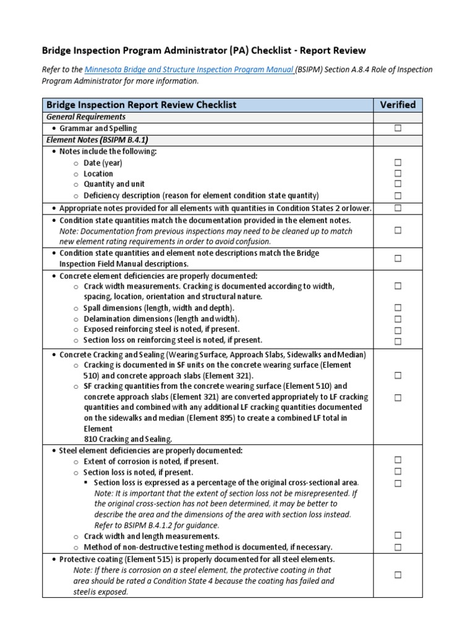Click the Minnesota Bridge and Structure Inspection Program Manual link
[x=189, y=70]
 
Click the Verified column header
[x=398, y=104]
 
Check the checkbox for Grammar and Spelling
[x=398, y=129]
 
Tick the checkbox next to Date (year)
[x=398, y=163]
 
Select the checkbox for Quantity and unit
[x=398, y=184]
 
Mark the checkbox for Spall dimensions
[x=398, y=308]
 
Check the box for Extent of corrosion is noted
[x=398, y=460]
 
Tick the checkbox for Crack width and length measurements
[x=398, y=535]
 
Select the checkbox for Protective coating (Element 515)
[x=398, y=575]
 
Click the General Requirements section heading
[x=87, y=117]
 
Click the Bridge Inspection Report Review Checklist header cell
[x=142, y=105]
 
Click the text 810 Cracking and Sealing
[x=127, y=439]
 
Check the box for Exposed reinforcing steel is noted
[x=398, y=330]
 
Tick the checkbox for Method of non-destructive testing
[x=398, y=547]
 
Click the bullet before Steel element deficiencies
[x=54, y=450]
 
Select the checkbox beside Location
[x=398, y=174]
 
